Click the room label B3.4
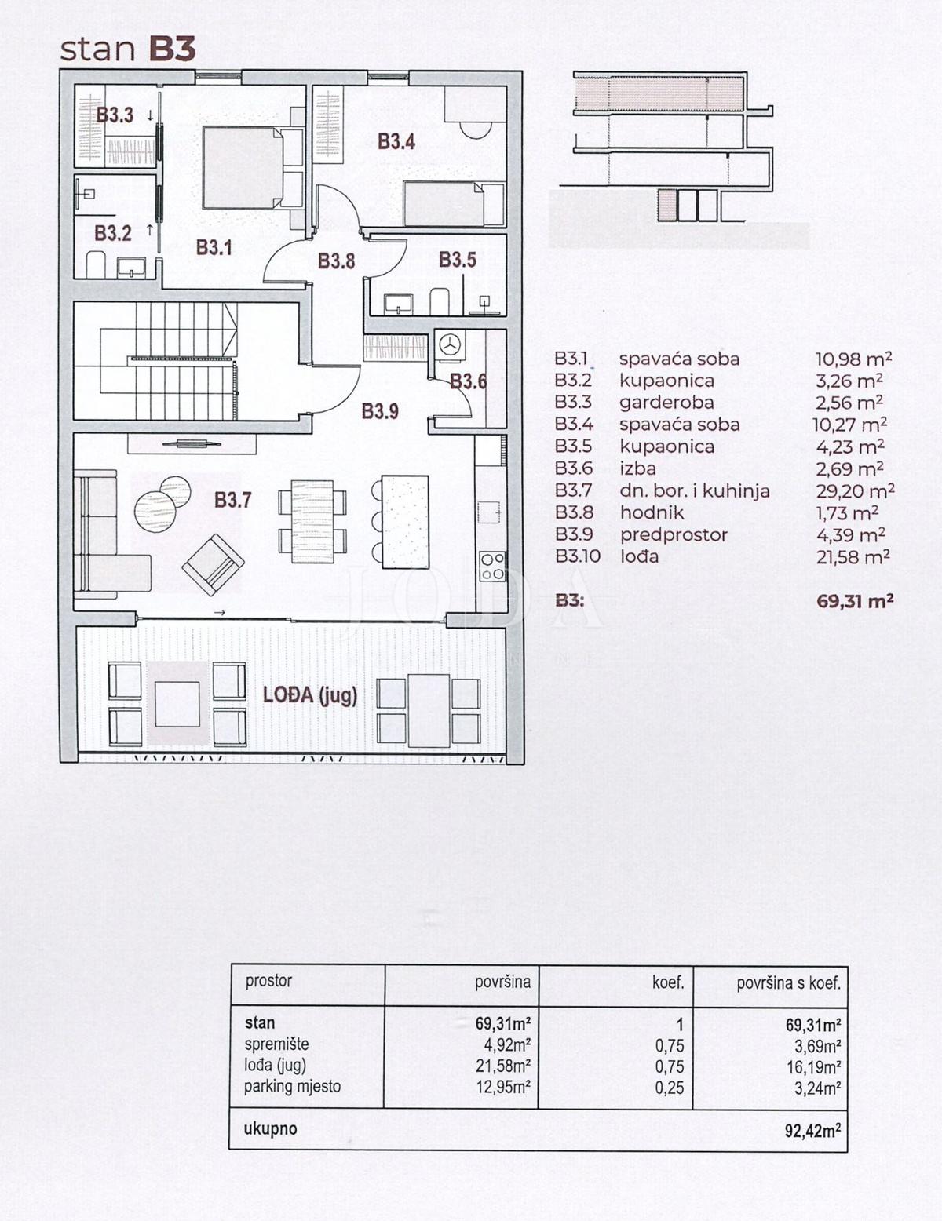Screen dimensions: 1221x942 (396, 142)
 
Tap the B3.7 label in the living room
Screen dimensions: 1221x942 (232, 500)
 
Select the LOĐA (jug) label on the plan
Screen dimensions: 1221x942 (310, 695)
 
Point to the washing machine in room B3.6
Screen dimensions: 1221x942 (450, 347)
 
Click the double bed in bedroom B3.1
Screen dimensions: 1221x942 (243, 167)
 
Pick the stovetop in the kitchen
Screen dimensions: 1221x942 (492, 567)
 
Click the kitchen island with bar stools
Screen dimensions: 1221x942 (405, 522)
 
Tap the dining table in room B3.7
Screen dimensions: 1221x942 (312, 521)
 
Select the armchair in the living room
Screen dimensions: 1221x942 (213, 563)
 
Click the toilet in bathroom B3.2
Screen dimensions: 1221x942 (95, 264)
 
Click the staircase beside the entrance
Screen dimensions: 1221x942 (184, 362)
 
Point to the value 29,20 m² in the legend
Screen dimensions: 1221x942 (855, 491)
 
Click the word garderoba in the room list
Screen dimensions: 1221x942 (666, 403)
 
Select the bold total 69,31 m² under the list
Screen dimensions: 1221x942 (855, 602)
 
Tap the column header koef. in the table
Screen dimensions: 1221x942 (668, 982)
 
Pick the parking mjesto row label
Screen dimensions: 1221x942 (292, 1087)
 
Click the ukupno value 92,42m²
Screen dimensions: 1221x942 (812, 1131)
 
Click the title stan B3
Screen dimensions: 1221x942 (127, 49)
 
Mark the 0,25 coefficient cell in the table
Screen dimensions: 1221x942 (670, 1088)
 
